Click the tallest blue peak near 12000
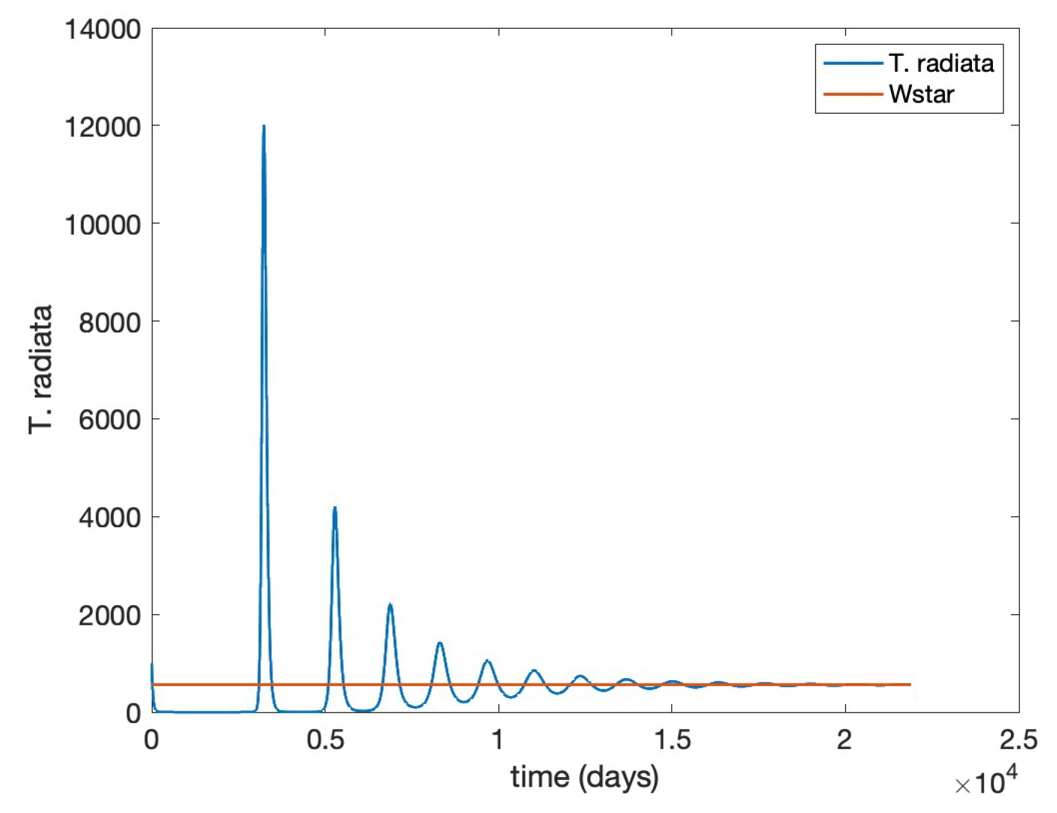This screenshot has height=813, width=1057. click(264, 127)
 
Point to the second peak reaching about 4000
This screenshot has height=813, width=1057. click(335, 509)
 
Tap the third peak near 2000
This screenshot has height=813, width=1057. click(390, 605)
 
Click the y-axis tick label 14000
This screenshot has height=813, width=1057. click(102, 29)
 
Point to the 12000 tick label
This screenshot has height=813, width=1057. click(102, 127)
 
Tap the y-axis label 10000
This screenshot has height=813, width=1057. click(102, 225)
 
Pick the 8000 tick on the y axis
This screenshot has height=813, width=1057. click(110, 322)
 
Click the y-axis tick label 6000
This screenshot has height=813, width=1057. click(110, 420)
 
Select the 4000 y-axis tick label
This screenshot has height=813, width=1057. click(110, 518)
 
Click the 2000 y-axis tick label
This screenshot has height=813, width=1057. click(110, 615)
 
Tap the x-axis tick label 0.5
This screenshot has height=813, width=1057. click(326, 741)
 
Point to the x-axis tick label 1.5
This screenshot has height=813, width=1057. click(672, 741)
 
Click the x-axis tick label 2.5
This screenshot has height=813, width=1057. click(1019, 741)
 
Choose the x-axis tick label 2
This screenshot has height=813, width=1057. click(845, 741)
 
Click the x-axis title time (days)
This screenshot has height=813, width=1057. click(584, 777)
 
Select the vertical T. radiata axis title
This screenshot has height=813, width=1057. click(41, 370)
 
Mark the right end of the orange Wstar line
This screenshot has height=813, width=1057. click(910, 684)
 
